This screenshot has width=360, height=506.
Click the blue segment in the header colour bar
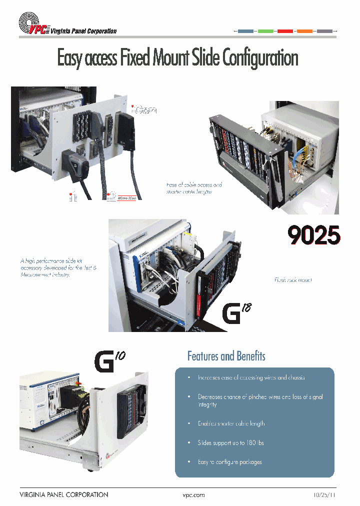click(245, 31)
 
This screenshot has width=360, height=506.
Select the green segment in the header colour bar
click(265, 31)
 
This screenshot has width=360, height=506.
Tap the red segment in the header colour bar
click(285, 31)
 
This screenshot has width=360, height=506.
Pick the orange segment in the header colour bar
click(304, 31)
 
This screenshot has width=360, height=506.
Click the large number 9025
click(314, 235)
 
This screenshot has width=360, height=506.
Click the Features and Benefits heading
click(226, 356)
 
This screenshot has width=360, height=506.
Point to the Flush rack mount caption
click(293, 280)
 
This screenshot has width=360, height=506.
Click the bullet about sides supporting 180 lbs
click(231, 442)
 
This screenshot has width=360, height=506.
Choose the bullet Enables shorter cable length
click(231, 423)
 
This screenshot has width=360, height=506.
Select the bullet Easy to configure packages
click(229, 462)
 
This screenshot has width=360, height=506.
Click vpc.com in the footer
click(194, 495)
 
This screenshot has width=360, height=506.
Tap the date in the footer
click(323, 495)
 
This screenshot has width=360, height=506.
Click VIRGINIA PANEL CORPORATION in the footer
click(63, 495)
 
